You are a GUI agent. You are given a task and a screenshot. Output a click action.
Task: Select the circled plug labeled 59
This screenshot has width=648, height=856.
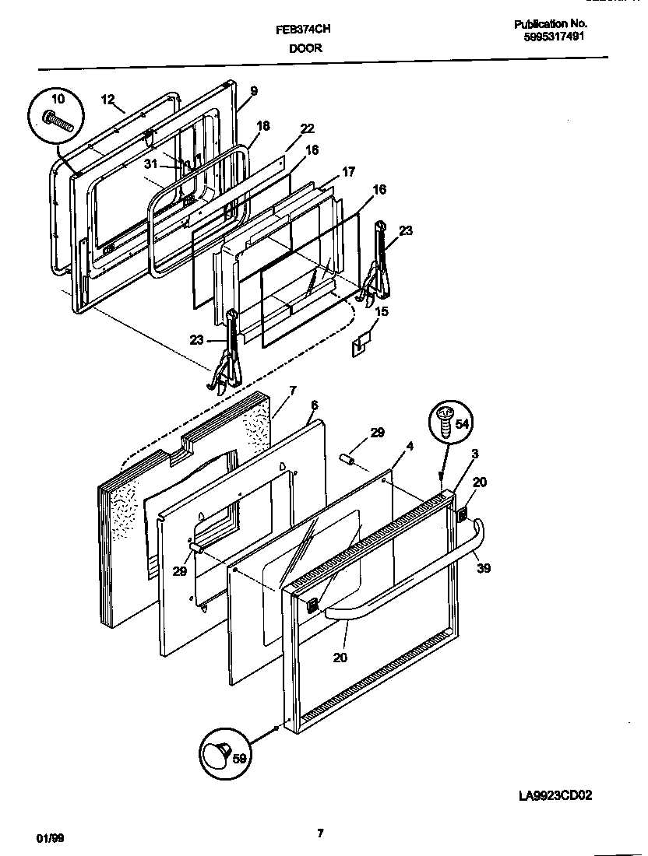click(221, 754)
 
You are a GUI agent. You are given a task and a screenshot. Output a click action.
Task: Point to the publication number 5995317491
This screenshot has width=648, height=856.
click(550, 36)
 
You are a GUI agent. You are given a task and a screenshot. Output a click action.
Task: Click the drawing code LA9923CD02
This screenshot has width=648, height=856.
click(560, 795)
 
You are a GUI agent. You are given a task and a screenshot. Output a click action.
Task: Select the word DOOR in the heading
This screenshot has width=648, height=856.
click(306, 48)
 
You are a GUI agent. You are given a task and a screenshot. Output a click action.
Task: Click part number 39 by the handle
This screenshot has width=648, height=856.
click(484, 569)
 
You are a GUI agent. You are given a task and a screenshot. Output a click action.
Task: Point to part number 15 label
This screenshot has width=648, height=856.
click(381, 311)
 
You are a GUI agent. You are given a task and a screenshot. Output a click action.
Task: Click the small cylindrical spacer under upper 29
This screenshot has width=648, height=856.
click(349, 460)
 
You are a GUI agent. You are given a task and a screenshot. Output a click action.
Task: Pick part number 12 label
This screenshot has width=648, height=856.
click(107, 99)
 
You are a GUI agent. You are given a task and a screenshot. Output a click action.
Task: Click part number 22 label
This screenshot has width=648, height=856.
click(307, 128)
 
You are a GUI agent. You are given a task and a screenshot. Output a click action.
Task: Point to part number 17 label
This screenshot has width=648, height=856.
click(348, 171)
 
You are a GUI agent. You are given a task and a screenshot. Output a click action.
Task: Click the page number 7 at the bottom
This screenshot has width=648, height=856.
click(320, 833)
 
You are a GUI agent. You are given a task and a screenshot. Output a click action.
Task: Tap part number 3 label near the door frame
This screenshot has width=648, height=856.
click(474, 454)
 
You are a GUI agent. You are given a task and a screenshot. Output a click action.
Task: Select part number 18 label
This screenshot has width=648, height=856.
click(263, 125)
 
